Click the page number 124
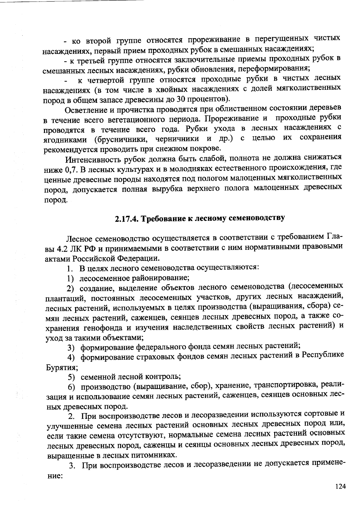(340, 486)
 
